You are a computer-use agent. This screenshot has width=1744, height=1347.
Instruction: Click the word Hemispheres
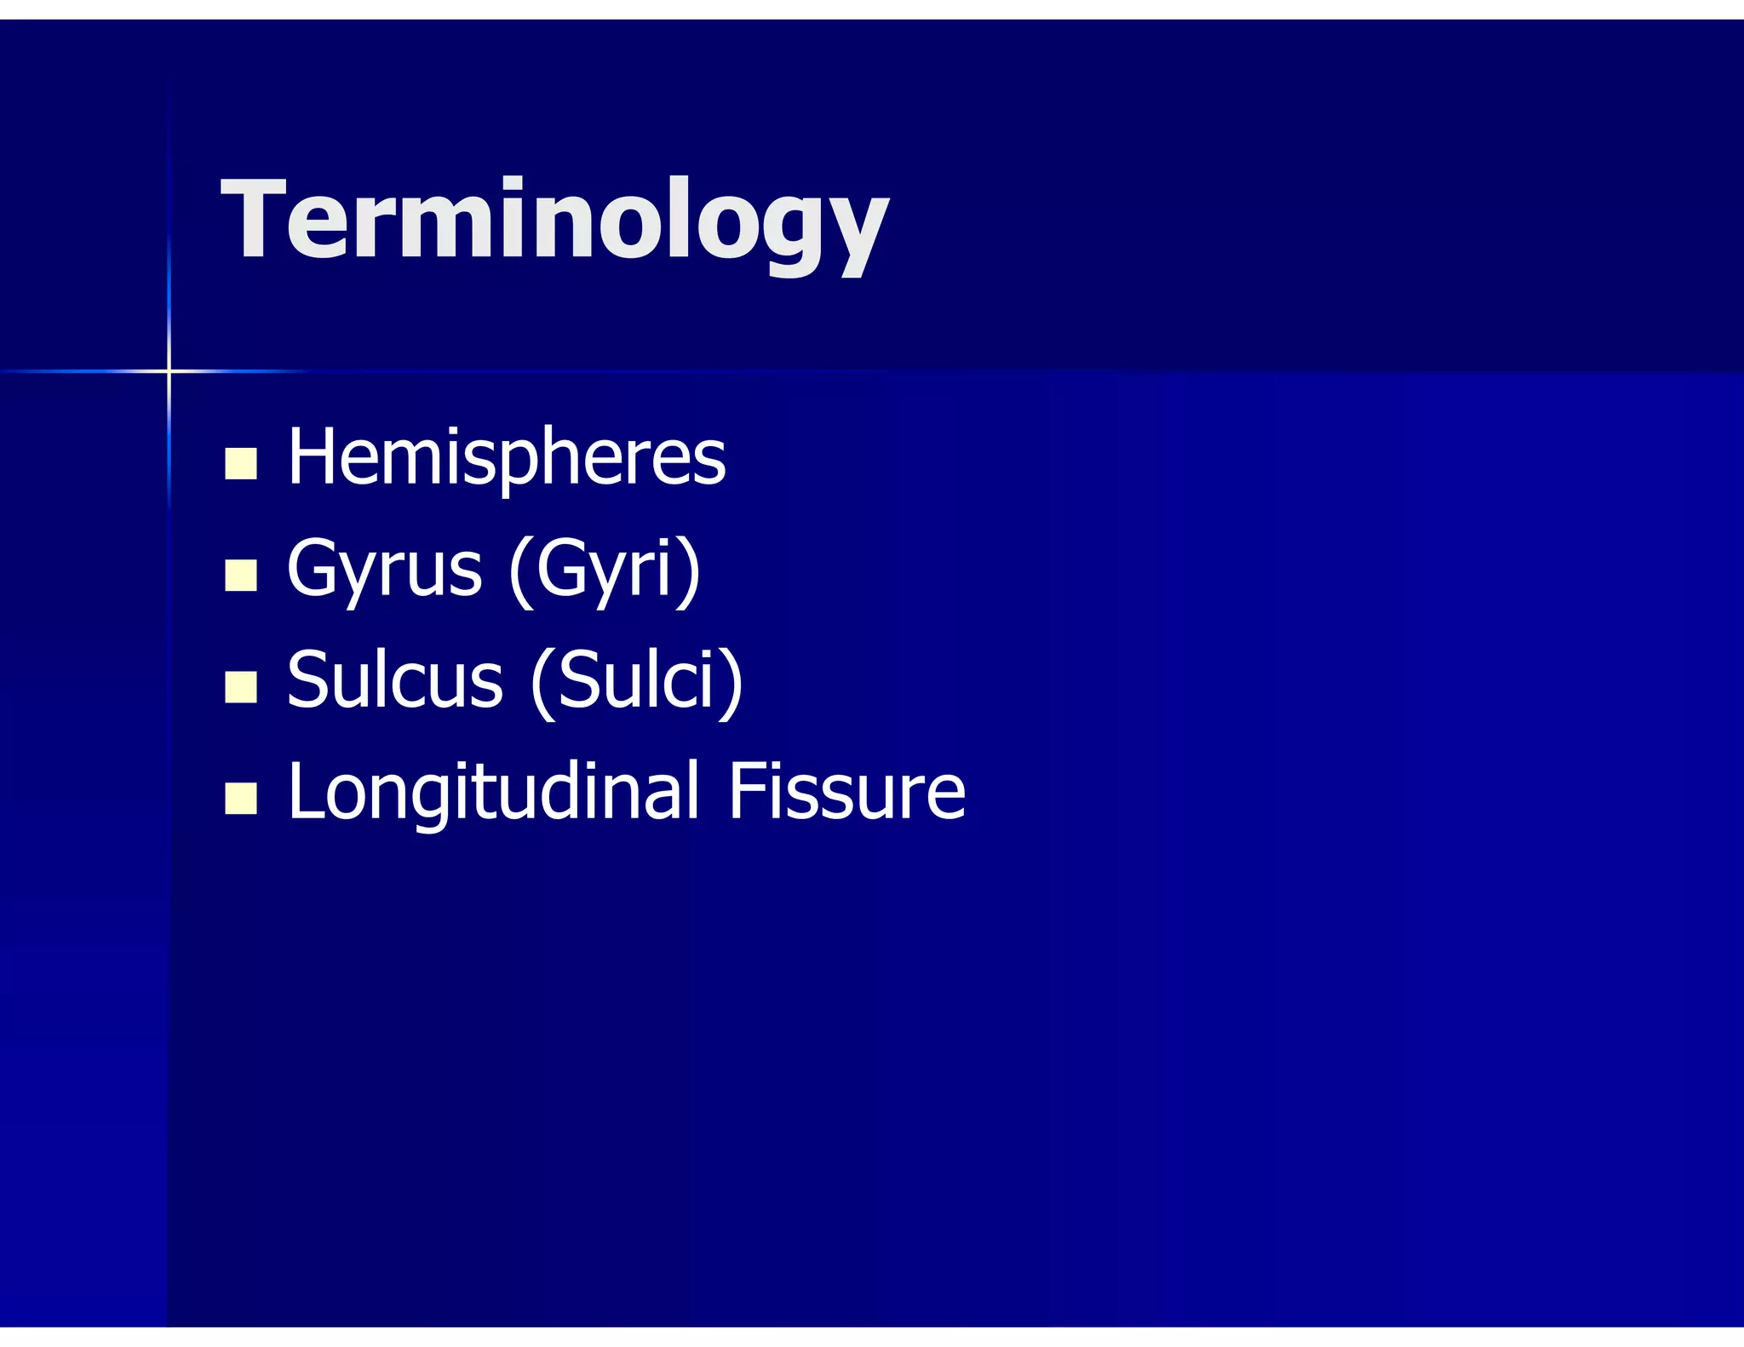[507, 458]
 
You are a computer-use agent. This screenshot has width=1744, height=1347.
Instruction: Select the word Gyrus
[384, 569]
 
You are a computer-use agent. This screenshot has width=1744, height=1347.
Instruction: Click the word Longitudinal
[494, 792]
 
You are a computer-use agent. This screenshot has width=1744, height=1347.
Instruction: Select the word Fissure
[846, 792]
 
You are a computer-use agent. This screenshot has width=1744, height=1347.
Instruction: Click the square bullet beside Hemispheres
[241, 464]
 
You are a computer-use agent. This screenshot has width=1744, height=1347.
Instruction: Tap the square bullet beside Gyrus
[241, 575]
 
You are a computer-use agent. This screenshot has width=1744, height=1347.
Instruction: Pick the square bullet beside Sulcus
[241, 686]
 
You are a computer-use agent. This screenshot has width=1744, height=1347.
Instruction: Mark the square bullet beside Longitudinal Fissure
[241, 799]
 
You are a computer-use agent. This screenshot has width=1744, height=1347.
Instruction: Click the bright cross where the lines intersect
[169, 371]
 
